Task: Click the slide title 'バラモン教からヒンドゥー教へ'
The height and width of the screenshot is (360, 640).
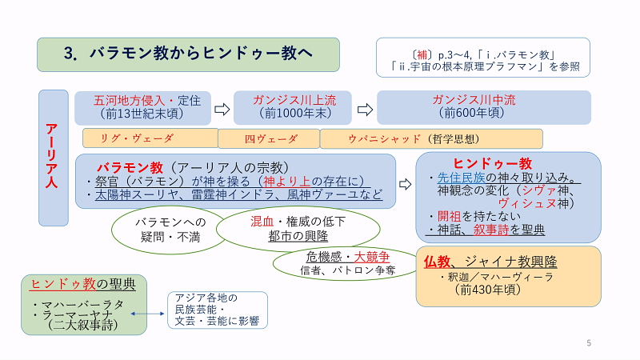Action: click(x=188, y=54)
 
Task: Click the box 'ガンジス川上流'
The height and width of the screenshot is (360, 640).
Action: click(x=293, y=107)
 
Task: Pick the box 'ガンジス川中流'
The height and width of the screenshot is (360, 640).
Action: click(x=484, y=107)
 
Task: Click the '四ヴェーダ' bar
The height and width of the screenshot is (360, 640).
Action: click(x=270, y=138)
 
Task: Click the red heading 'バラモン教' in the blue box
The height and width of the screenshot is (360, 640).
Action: click(x=130, y=168)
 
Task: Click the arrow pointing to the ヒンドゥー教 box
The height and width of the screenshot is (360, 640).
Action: click(x=406, y=185)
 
